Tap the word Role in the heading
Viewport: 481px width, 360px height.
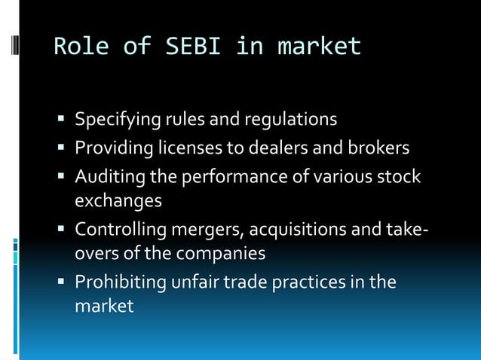point(80,47)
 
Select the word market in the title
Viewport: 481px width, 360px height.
point(320,47)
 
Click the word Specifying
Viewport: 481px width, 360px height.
point(113,120)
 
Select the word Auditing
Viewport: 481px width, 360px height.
point(106,175)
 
